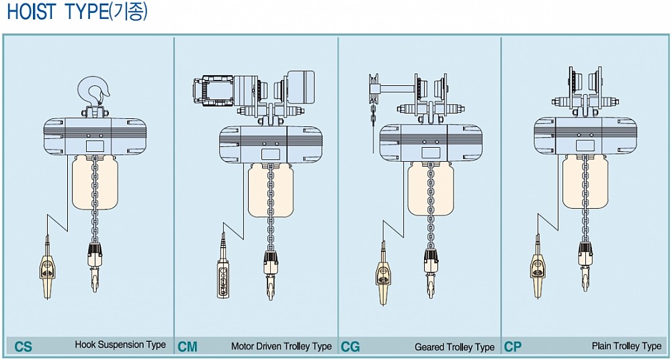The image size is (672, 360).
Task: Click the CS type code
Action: pos(23,347)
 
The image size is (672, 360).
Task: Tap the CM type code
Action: pos(187,347)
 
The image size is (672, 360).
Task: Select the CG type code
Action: pos(351,347)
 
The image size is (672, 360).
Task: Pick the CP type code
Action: pos(513,347)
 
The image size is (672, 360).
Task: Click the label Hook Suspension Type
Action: pos(120,345)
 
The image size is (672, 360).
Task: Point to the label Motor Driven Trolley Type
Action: pos(282,346)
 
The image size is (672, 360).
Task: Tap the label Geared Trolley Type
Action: pos(454,347)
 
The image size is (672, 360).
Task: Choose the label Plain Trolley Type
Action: pos(626,345)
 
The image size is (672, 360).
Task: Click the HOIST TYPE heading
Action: pos(77,12)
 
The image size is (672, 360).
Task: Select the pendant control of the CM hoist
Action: pos(223,266)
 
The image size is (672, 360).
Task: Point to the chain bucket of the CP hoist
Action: pos(585,182)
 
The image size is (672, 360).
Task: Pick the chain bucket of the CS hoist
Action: pos(95,183)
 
